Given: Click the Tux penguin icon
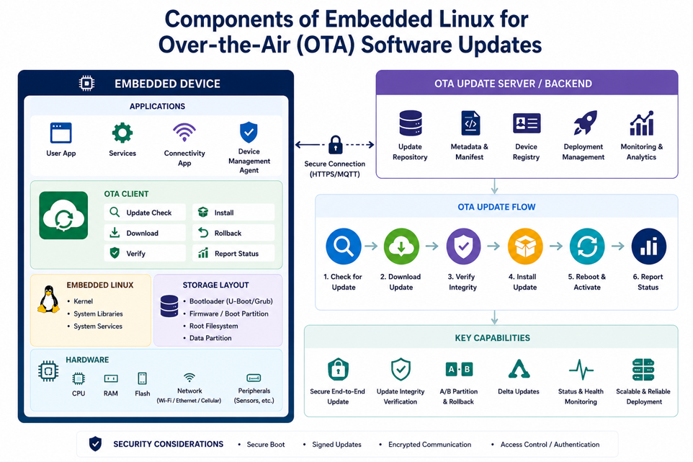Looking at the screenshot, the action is tap(48, 299).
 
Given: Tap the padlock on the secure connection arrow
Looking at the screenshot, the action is tap(336, 145).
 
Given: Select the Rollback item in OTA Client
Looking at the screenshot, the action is tap(233, 233).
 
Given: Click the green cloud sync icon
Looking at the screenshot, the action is tap(63, 216).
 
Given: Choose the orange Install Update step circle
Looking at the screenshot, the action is tap(525, 246).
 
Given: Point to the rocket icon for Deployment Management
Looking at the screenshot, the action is tap(585, 123).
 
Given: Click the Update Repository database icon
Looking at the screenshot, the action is tap(411, 123).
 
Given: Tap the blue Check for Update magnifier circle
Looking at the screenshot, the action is tap(344, 246).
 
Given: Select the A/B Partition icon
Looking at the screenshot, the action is tap(459, 369).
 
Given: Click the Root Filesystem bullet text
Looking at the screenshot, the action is tap(213, 326).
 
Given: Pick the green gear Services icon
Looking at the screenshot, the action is tap(122, 133).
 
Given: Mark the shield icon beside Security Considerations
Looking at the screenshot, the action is tap(96, 443).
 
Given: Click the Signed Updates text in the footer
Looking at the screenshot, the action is tap(337, 444).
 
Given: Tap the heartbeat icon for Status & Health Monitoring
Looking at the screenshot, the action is tap(581, 369).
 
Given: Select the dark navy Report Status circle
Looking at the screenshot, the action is tap(649, 246).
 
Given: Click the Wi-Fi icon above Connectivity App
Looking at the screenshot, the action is tap(184, 132).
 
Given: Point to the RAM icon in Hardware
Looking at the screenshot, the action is tap(110, 378).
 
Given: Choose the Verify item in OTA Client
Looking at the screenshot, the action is tap(145, 253).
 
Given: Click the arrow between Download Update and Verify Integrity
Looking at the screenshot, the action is tap(432, 246).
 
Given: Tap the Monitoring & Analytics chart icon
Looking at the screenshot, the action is tap(642, 123).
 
